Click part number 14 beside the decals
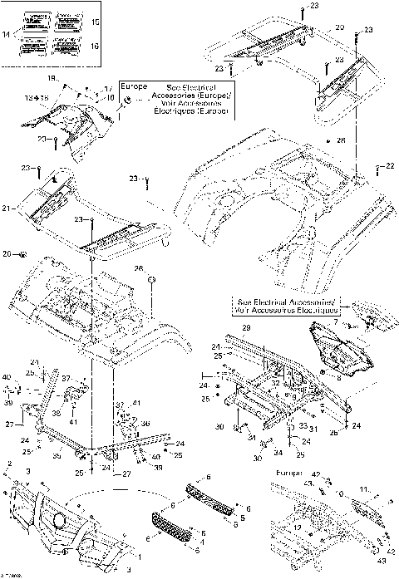click(7, 34)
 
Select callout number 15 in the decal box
click(94, 21)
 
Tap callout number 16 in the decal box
click(94, 46)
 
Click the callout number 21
click(6, 207)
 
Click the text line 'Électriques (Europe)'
click(188, 110)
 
